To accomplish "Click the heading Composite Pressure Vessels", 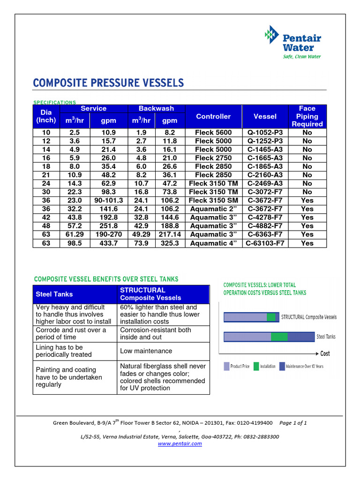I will click(108, 83).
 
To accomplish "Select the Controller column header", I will click(213, 116).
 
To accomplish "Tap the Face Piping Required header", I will click(307, 116).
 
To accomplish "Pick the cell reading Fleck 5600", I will click(213, 133).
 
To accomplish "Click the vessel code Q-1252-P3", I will click(265, 141).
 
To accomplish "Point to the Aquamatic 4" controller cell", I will click(213, 243).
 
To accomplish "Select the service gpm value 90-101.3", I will click(108, 201).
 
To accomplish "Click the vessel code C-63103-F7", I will click(265, 243).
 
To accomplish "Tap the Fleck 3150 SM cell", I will click(213, 201).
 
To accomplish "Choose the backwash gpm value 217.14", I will click(169, 234).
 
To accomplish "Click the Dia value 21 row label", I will click(46, 175).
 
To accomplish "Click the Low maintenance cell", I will click(146, 351).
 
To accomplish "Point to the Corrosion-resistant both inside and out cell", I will click(155, 333).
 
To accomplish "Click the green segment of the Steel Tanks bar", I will click(279, 337).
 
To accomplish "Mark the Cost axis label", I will click(325, 353).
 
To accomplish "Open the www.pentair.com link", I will click(180, 443).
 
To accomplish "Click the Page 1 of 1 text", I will click(293, 423).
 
